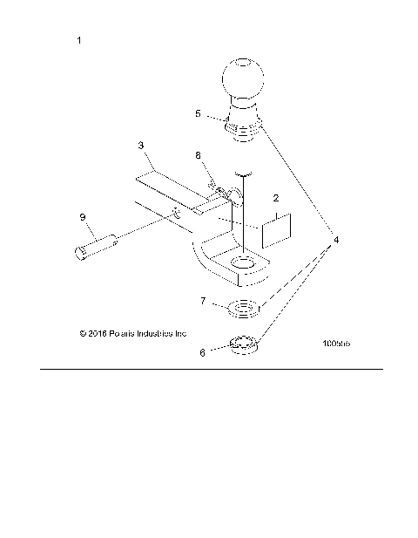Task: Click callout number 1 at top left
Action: pos(80,41)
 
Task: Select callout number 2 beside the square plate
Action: pos(275,199)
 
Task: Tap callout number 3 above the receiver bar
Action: pos(141,146)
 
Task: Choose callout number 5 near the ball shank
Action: pos(199,113)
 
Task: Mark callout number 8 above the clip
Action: pos(199,154)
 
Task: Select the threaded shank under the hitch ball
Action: pos(242,127)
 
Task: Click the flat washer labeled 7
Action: pos(243,308)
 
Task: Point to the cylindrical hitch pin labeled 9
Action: pos(97,245)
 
